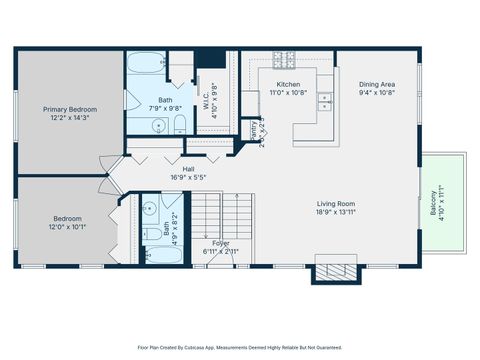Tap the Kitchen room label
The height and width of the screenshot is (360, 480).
(x=288, y=84)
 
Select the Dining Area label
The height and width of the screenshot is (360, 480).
(x=377, y=84)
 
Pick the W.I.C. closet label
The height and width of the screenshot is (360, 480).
(x=212, y=98)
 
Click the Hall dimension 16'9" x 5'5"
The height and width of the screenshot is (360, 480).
(x=188, y=178)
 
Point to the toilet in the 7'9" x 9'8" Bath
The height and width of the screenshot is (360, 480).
(x=178, y=124)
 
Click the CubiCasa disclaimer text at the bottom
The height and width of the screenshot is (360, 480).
(x=239, y=348)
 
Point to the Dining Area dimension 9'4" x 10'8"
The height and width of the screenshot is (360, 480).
(x=377, y=93)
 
